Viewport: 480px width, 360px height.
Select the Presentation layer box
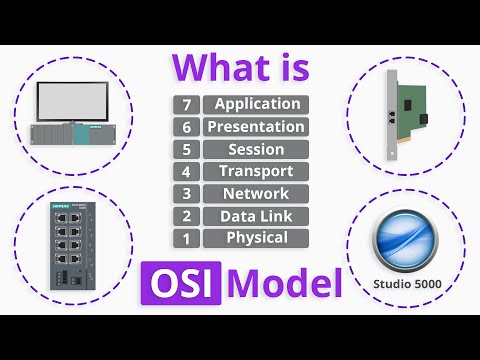255,127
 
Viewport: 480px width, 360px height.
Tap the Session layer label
255,149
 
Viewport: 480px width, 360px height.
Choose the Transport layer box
255,171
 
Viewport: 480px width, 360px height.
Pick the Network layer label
255,193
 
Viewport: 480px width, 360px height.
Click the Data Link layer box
255,215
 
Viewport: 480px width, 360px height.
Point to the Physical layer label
255,238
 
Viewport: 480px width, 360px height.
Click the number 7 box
186,104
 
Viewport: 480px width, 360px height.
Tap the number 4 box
186,171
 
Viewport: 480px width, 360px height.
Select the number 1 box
186,238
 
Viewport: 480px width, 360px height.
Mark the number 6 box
186,127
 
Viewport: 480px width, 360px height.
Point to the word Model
284,283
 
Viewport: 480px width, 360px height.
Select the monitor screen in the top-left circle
79,102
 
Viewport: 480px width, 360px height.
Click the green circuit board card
412,112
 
